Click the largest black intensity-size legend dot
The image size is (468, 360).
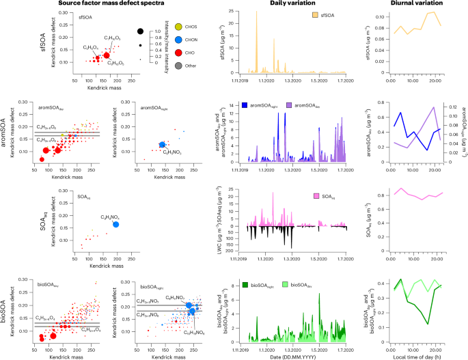click(x=140, y=31)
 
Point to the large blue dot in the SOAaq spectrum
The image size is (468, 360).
click(x=116, y=224)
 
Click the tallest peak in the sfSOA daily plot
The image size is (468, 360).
click(x=257, y=12)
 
